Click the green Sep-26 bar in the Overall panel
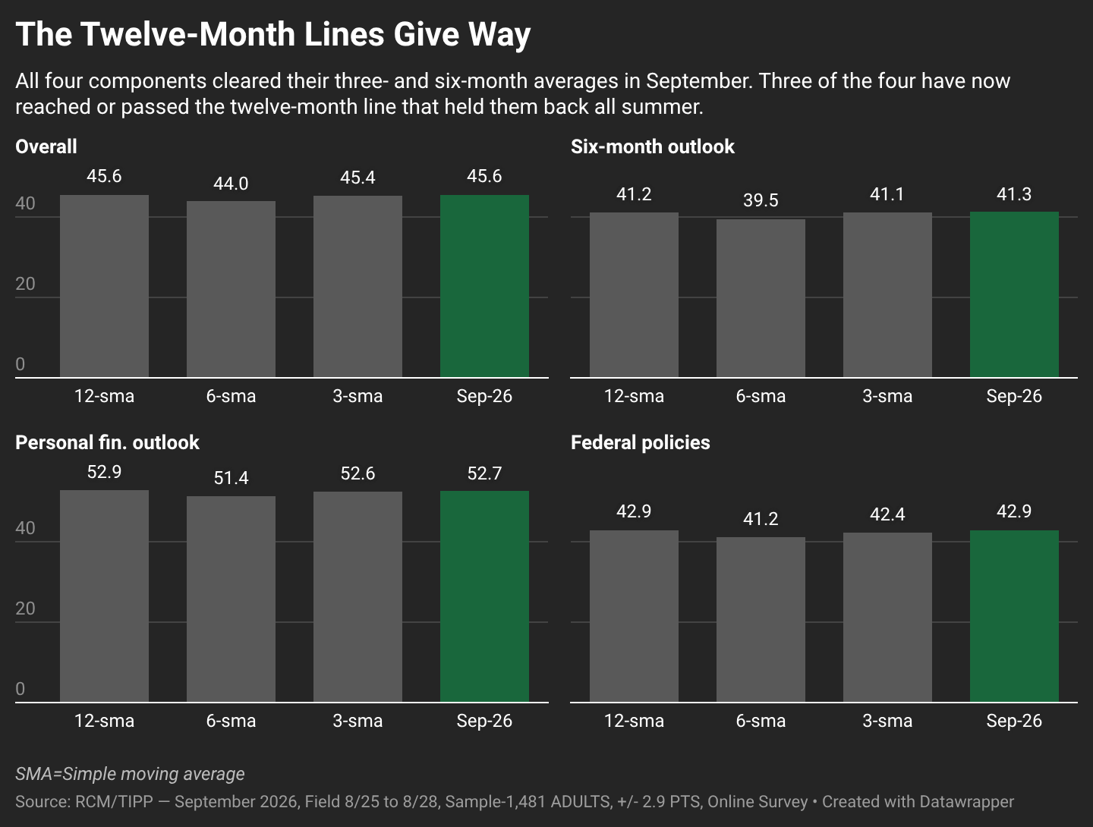point(484,286)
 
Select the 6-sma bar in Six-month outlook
point(761,298)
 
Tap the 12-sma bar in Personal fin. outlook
point(104,596)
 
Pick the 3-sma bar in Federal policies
point(887,618)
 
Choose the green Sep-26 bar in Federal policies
point(1014,616)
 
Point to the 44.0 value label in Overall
point(231,184)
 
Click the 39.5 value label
point(761,200)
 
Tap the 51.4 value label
point(231,478)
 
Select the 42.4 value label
point(887,514)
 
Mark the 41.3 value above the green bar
point(1014,194)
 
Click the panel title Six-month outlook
point(652,146)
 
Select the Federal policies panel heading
point(641,442)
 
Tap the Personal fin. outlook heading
point(107,442)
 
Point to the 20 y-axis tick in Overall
point(25,284)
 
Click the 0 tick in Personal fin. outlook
point(20,689)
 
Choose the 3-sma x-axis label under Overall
point(358,396)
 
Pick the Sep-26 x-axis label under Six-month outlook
point(1014,396)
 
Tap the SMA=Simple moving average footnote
point(130,774)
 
